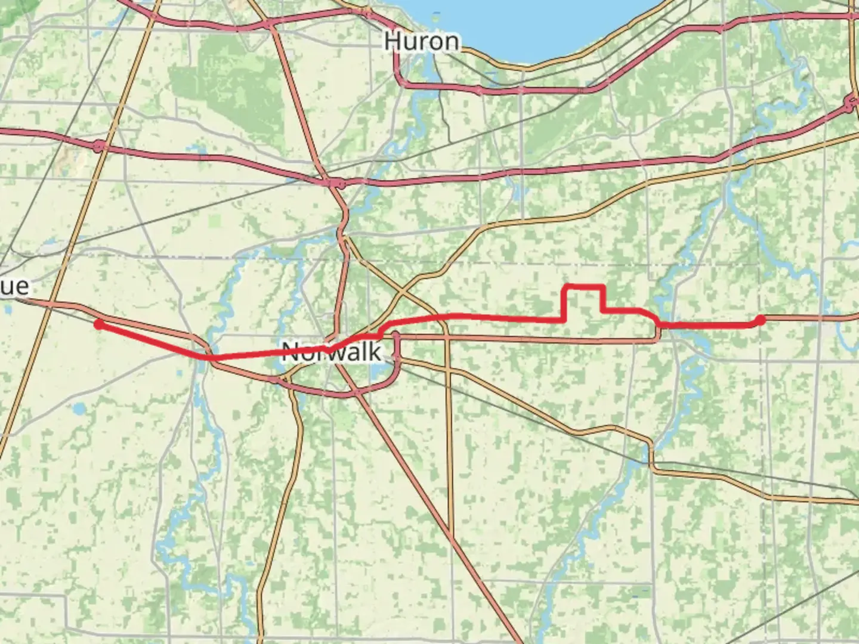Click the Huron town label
point(422,41)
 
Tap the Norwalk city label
point(332,351)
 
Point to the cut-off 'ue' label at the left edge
point(14,286)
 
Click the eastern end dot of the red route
point(760,321)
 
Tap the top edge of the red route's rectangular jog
point(585,287)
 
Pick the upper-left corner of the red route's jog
point(566,287)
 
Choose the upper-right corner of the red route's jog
point(604,287)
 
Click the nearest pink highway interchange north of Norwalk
point(335,182)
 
